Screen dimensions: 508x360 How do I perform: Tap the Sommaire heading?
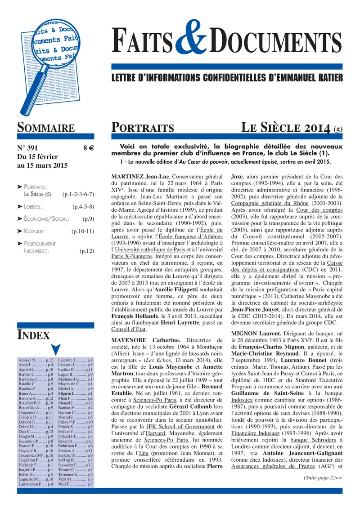click(45, 128)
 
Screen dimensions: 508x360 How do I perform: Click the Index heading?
click(33, 334)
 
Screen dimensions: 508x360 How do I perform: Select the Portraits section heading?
click(143, 128)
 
